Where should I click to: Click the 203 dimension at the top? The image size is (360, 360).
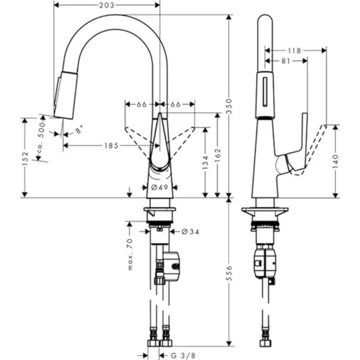[107, 5]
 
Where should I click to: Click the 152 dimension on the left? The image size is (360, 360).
[25, 159]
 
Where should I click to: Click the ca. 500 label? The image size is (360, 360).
[43, 140]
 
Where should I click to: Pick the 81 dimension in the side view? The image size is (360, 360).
[286, 61]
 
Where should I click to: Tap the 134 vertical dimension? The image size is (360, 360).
[205, 162]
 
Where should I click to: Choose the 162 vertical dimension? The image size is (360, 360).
[218, 156]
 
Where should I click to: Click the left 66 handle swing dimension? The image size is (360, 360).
[142, 104]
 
